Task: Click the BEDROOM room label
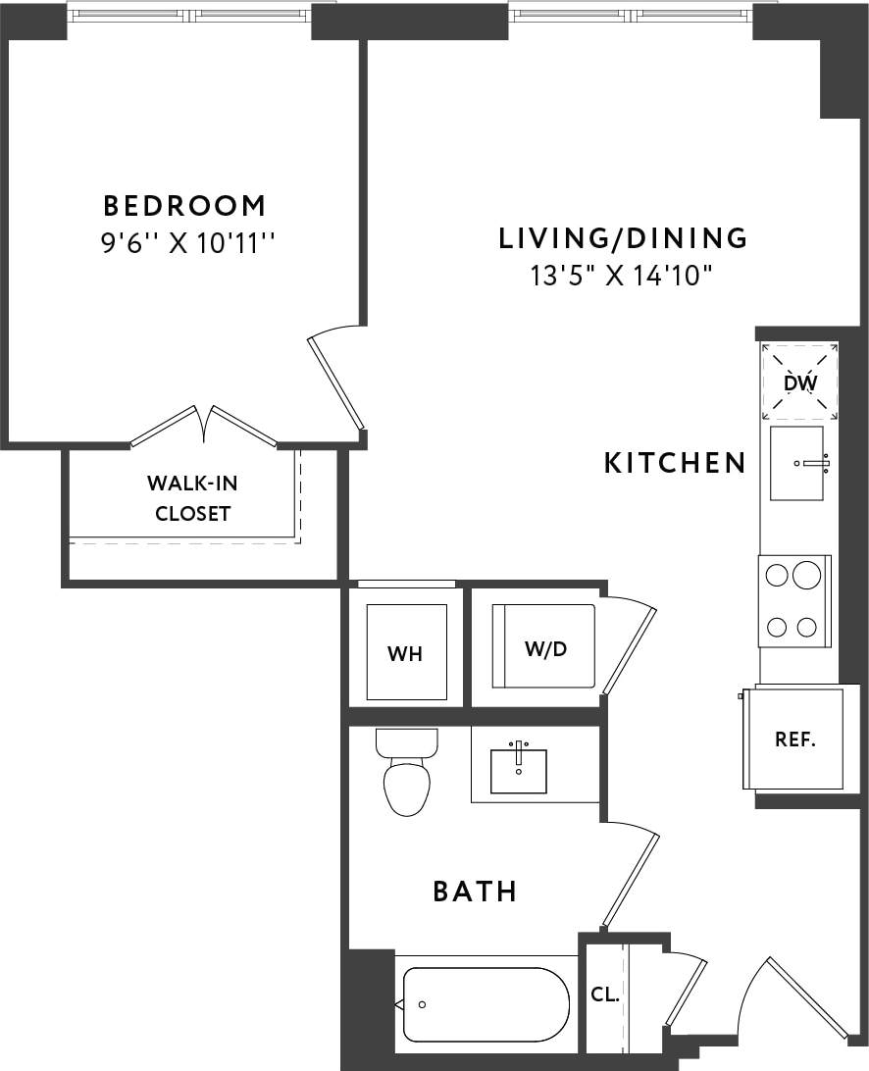pos(184,206)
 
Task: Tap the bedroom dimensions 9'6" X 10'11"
pos(185,243)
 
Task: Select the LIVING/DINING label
pos(623,238)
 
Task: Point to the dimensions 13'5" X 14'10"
pos(620,276)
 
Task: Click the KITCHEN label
pos(675,463)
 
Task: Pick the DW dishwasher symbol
pos(799,382)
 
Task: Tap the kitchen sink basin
pos(796,463)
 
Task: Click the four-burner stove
pos(793,600)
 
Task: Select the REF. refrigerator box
pos(794,739)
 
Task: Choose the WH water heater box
pos(405,652)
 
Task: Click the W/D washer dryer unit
pos(544,646)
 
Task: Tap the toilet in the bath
pos(406,775)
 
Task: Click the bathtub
pos(486,1004)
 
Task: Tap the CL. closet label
pos(605,994)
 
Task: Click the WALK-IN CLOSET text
pos(192,497)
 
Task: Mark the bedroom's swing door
pos(337,382)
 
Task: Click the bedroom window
pos(188,15)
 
